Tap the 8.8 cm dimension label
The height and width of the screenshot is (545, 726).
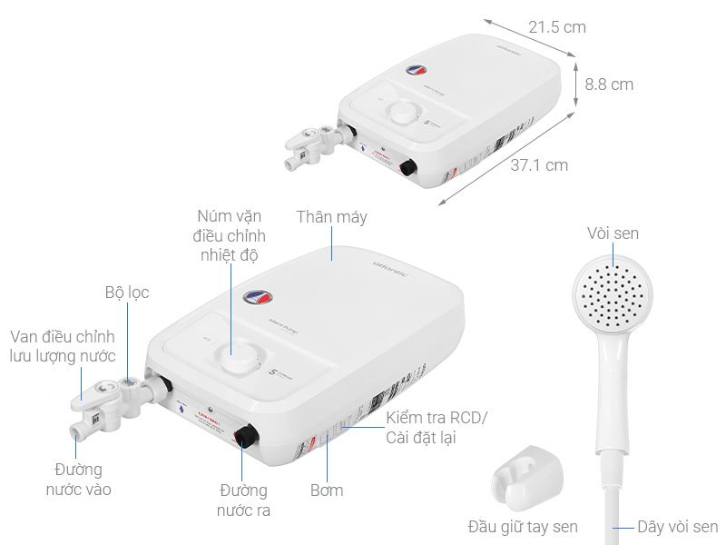pos(609,84)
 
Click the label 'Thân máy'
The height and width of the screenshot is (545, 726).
pos(331,217)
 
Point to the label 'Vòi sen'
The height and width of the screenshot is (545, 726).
pos(613,233)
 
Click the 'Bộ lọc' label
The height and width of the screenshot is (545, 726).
pos(125,292)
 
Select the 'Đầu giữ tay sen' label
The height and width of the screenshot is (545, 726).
pos(523,527)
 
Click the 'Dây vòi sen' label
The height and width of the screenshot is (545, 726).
pos(677,527)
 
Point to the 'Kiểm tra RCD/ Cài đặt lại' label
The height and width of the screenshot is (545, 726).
pos(437,428)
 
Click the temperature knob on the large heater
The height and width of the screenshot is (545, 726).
pos(242,358)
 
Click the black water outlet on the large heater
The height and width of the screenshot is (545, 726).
pos(245,436)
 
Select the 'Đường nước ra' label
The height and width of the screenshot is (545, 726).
pos(243,500)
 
